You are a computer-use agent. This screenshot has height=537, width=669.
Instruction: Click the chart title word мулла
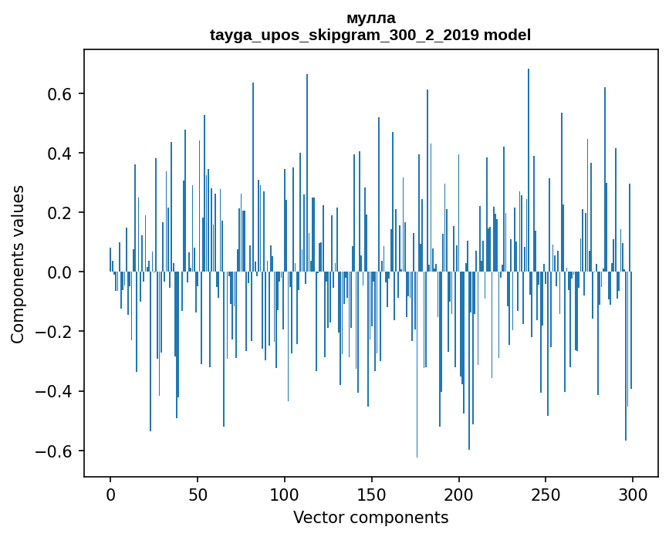(x=370, y=18)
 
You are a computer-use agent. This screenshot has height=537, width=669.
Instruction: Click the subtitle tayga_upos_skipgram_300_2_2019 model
(x=370, y=35)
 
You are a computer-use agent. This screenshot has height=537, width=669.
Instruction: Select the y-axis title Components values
(x=18, y=264)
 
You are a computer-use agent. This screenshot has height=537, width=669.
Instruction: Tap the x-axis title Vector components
(x=370, y=517)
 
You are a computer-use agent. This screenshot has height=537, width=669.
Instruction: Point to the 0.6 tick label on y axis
(x=59, y=94)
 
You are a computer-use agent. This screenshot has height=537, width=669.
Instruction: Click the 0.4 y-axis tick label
(x=59, y=154)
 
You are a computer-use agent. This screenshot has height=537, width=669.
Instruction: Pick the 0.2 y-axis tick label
(x=59, y=213)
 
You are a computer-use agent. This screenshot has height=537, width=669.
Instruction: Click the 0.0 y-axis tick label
(x=59, y=272)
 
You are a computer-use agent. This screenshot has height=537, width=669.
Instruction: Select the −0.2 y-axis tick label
(x=54, y=332)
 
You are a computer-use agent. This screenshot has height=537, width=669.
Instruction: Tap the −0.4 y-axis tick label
(x=54, y=391)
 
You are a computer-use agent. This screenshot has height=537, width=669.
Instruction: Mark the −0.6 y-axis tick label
(x=54, y=451)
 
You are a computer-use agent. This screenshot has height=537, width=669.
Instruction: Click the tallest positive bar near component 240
(x=529, y=170)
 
